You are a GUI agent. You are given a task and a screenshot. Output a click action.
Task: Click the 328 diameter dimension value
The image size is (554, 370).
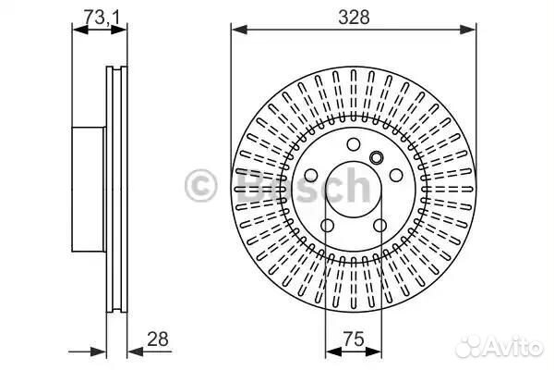354,18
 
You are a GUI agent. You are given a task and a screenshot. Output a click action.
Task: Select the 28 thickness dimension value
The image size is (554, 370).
158,339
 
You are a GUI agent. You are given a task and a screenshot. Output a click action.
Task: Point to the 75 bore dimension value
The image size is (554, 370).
354,339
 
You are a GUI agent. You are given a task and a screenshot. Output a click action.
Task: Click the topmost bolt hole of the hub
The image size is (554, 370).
354,144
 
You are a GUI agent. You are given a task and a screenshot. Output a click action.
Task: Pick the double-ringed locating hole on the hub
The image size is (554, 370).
377,157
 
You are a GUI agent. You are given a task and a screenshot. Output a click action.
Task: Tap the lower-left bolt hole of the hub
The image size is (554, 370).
327,225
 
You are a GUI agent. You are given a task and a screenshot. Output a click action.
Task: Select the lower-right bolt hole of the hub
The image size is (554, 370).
379,225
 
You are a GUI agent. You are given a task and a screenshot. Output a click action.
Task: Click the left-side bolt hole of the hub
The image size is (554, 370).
311,175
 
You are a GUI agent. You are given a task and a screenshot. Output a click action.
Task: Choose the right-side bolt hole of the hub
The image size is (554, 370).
396,175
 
